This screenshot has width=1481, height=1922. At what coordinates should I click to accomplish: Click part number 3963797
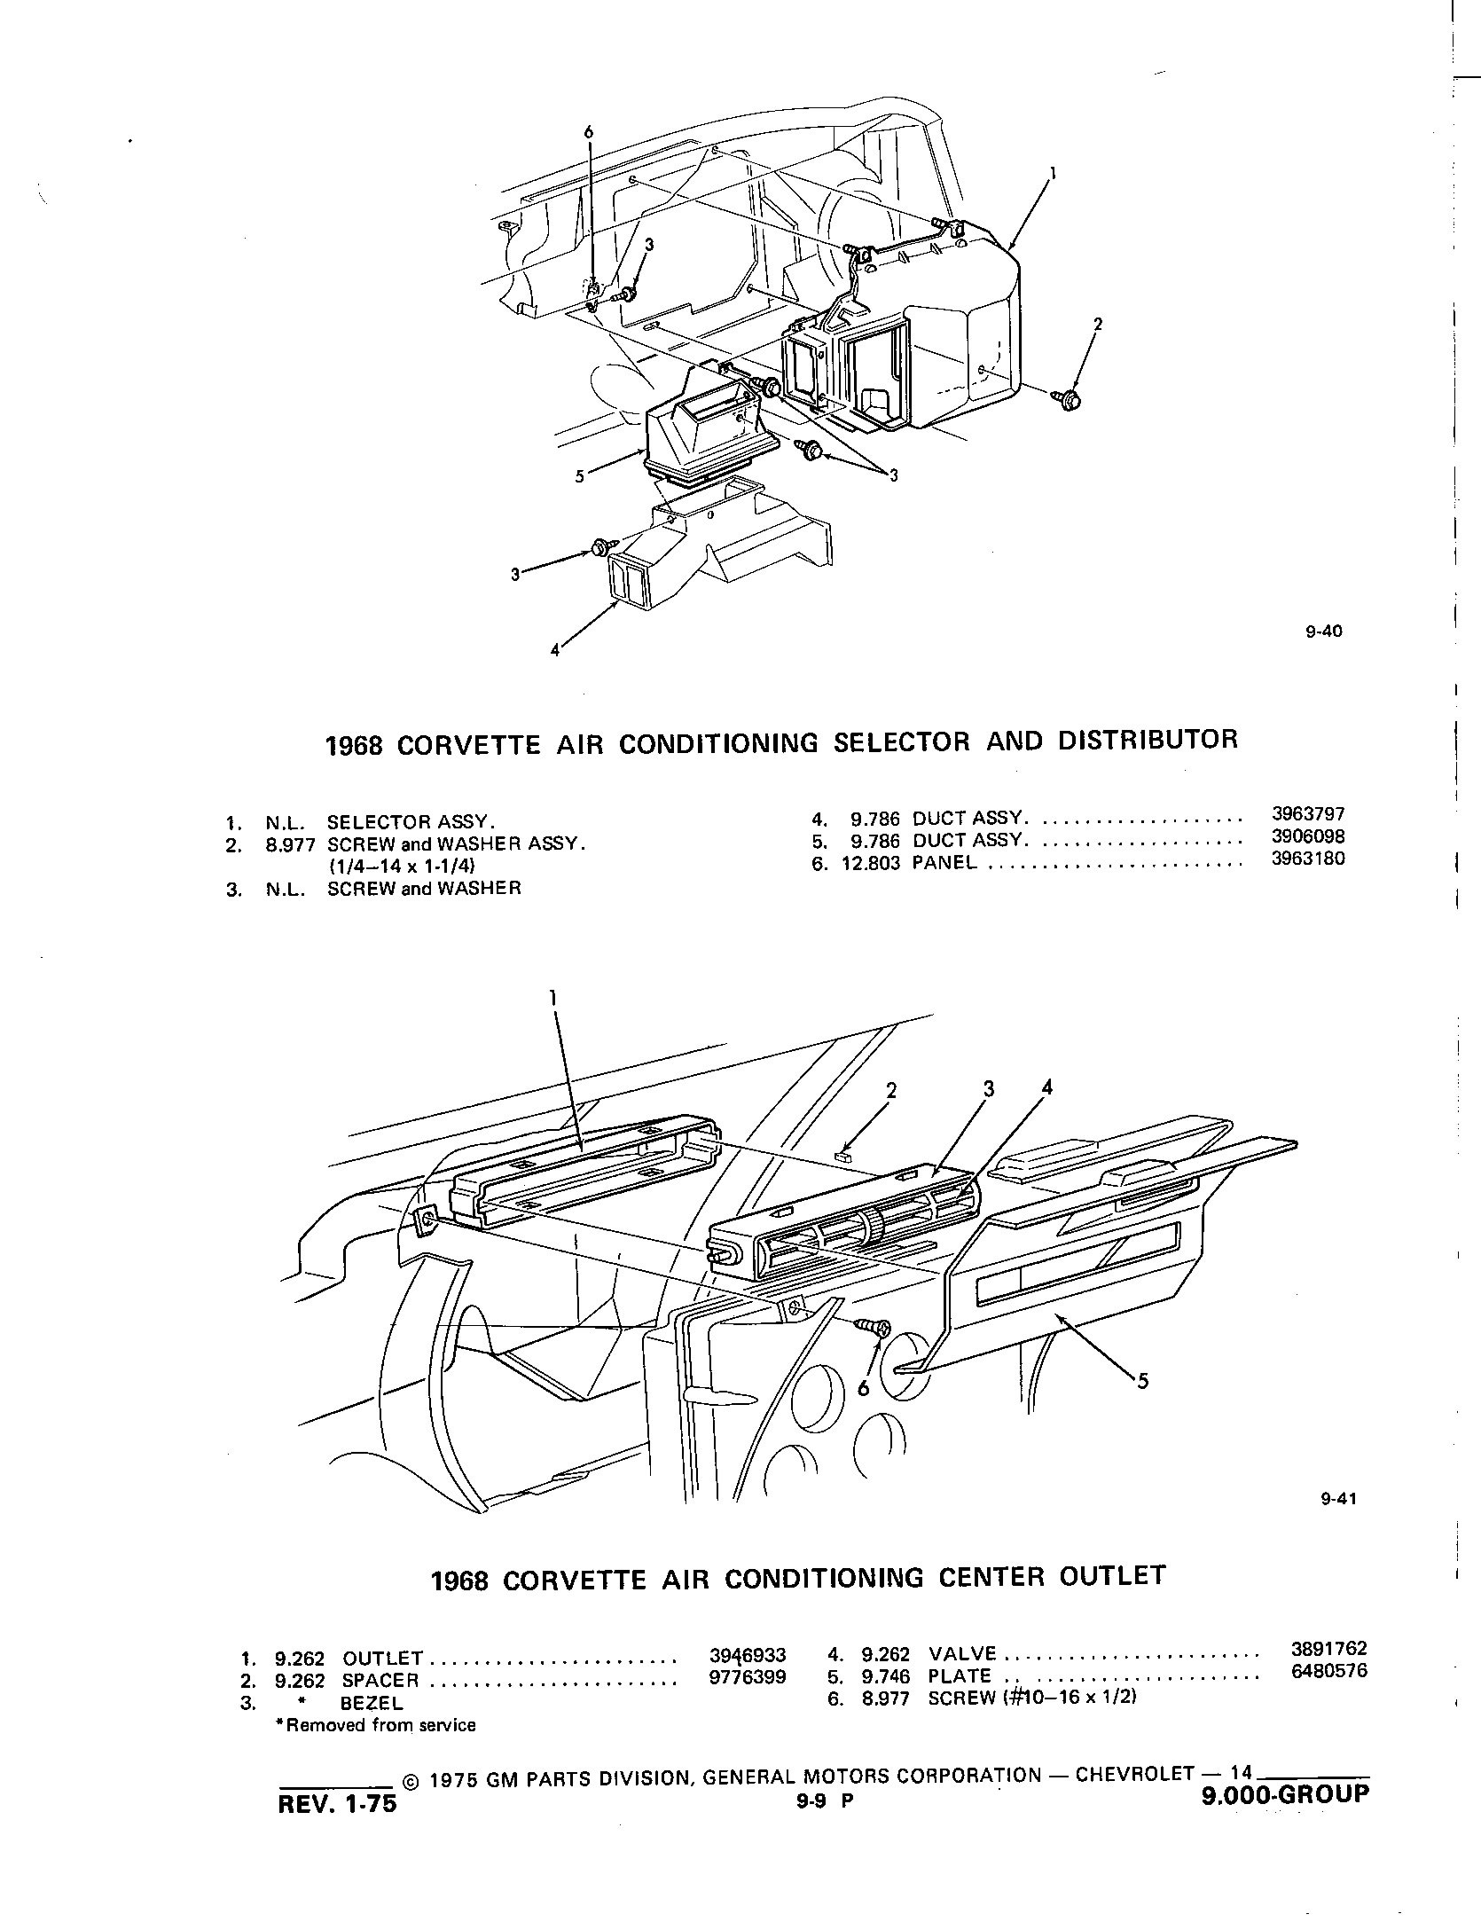coord(1302,814)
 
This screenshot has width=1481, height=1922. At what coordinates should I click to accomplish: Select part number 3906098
coord(1302,836)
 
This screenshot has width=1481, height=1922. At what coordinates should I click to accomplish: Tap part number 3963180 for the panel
coord(1302,859)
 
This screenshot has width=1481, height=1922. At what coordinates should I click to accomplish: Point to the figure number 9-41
coord(1338,1500)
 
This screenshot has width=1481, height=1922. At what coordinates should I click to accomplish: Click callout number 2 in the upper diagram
coord(1098,325)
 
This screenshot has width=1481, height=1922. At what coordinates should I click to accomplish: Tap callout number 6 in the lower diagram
coord(863,1389)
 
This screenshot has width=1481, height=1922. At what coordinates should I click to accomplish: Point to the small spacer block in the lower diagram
coord(843,1156)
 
